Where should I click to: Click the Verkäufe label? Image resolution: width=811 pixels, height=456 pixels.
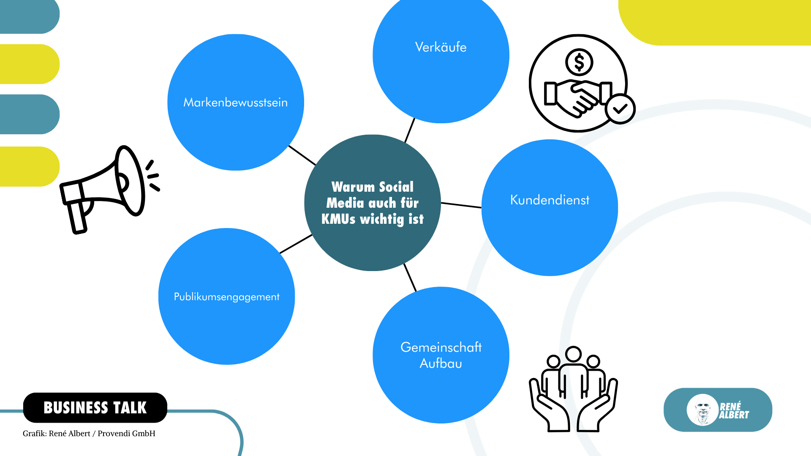pyautogui.click(x=441, y=47)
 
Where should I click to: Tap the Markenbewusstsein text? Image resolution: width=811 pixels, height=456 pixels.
pyautogui.click(x=235, y=102)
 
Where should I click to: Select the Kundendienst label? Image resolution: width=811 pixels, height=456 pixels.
pyautogui.click(x=550, y=200)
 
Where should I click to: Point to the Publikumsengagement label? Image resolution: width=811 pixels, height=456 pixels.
pyautogui.click(x=226, y=297)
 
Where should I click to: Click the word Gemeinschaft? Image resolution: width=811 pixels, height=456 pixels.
pyautogui.click(x=441, y=347)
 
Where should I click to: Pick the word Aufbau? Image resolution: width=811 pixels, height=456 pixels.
pyautogui.click(x=441, y=364)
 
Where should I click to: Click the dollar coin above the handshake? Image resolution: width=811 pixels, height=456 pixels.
pyautogui.click(x=579, y=62)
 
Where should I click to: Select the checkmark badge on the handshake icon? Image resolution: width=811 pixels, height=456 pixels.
pyautogui.click(x=620, y=109)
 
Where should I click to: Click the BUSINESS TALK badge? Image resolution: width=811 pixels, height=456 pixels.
pyautogui.click(x=95, y=407)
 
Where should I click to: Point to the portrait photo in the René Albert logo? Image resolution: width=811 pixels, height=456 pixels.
pyautogui.click(x=702, y=410)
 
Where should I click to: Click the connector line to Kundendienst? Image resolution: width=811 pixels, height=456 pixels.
pyautogui.click(x=461, y=205)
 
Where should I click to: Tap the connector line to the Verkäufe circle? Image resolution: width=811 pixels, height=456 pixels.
pyautogui.click(x=410, y=130)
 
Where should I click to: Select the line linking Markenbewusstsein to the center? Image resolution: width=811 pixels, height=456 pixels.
pyautogui.click(x=302, y=155)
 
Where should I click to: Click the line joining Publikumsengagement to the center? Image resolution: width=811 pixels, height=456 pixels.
pyautogui.click(x=296, y=244)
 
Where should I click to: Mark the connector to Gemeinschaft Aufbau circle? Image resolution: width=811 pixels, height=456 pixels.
pyautogui.click(x=410, y=277)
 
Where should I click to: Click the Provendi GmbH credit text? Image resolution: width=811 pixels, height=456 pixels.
pyautogui.click(x=126, y=434)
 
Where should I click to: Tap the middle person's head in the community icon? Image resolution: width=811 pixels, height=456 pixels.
pyautogui.click(x=573, y=354)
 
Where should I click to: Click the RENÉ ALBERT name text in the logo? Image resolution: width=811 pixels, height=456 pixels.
pyautogui.click(x=734, y=410)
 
